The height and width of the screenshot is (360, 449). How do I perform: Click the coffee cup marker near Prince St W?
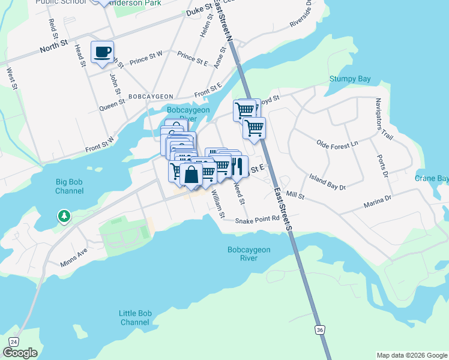tap(101, 51)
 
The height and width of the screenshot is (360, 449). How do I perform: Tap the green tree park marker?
tap(63, 215)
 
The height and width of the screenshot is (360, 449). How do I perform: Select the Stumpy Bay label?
tap(350, 79)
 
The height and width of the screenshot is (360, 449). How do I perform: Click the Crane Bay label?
tap(435, 179)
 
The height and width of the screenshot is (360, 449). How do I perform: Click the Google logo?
tap(20, 353)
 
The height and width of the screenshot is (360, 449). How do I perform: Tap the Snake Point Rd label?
tap(257, 220)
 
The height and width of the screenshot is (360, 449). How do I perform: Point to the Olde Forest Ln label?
tap(337, 143)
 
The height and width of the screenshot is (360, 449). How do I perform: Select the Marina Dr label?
tap(378, 199)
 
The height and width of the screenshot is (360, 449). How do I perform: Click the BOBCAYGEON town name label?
tap(150, 96)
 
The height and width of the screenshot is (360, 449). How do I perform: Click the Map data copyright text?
tap(411, 355)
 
